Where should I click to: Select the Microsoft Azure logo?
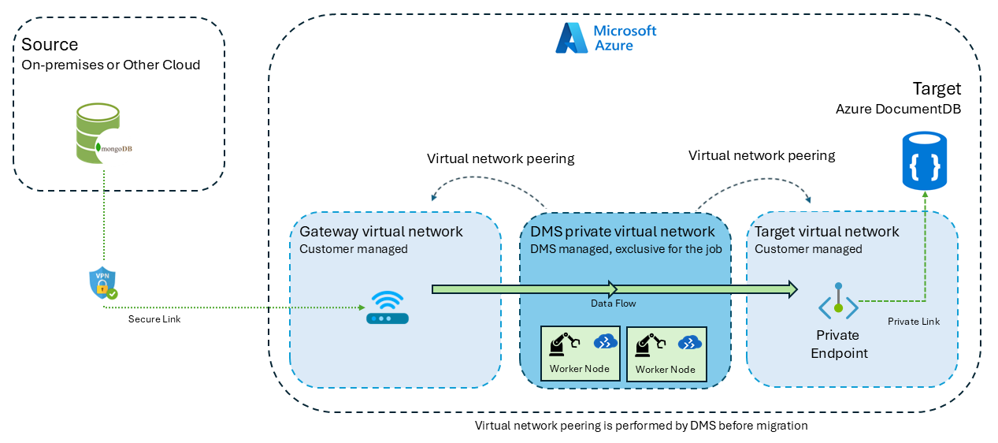pyautogui.click(x=606, y=38)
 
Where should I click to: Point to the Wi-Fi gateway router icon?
pyautogui.click(x=387, y=307)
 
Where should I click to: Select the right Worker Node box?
pyautogui.click(x=666, y=353)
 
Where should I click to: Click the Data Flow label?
pyautogui.click(x=613, y=303)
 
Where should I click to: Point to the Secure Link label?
pyautogui.click(x=154, y=319)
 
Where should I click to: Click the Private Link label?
pyautogui.click(x=914, y=322)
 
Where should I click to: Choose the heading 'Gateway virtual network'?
pyautogui.click(x=381, y=232)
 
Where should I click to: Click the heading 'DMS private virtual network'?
pyautogui.click(x=623, y=232)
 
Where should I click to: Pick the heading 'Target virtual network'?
pyautogui.click(x=826, y=232)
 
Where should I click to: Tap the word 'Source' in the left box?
pyautogui.click(x=50, y=45)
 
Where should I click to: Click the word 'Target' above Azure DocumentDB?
pyautogui.click(x=937, y=87)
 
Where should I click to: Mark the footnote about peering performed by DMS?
pyautogui.click(x=641, y=426)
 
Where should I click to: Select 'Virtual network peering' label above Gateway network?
pyautogui.click(x=500, y=158)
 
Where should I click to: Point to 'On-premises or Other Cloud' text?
pyautogui.click(x=111, y=65)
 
